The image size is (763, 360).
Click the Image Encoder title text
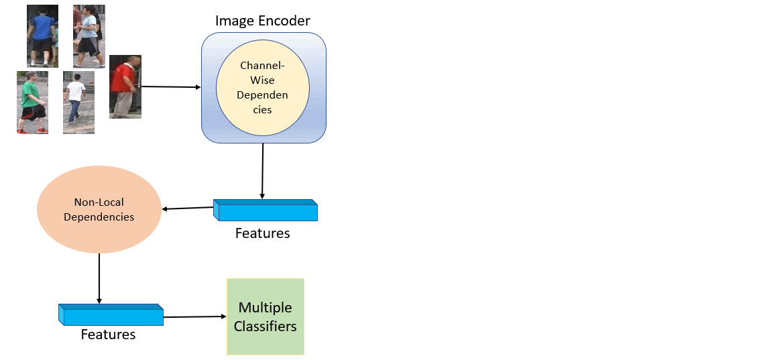[x=263, y=21]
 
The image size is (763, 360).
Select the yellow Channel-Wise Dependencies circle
[x=262, y=87]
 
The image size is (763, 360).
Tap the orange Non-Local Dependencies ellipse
[x=99, y=209]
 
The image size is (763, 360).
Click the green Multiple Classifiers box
[x=266, y=316]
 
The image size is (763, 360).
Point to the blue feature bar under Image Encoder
[x=266, y=211]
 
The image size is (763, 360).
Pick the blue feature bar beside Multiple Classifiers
[x=111, y=315]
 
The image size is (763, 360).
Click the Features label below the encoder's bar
[x=263, y=233]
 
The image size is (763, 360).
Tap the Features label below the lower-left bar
[x=108, y=334]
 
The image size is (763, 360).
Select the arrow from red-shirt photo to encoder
[x=171, y=86]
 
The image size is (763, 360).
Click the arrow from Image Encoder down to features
[x=263, y=171]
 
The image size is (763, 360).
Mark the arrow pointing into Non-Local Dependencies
[x=188, y=208]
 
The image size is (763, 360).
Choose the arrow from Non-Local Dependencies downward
[x=99, y=278]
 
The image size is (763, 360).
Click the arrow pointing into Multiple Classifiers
[x=194, y=316]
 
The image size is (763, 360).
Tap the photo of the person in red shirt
[x=125, y=86]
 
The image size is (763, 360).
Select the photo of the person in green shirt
[x=32, y=103]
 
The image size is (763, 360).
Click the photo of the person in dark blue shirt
[x=42, y=36]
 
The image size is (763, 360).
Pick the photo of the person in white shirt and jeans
[x=78, y=103]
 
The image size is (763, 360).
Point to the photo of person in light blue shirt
[x=89, y=36]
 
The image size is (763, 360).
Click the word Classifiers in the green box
[x=266, y=326]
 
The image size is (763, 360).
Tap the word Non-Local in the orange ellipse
[x=99, y=202]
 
